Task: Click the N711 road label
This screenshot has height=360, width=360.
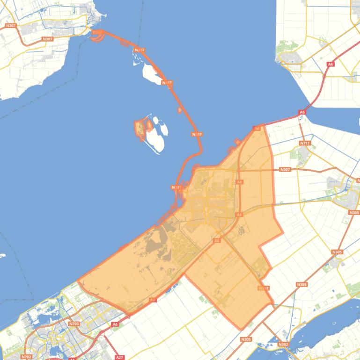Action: (305, 143)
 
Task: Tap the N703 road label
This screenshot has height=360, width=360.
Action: (73, 324)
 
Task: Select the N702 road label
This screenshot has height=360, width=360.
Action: (26, 357)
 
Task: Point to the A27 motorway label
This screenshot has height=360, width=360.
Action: (119, 357)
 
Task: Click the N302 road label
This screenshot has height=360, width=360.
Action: (283, 345)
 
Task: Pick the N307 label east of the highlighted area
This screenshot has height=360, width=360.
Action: (285, 169)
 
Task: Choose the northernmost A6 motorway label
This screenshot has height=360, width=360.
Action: (331, 64)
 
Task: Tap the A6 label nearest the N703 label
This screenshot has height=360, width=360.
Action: (115, 324)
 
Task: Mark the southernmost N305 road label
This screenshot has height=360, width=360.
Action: (246, 339)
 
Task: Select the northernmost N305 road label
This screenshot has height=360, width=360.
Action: (354, 213)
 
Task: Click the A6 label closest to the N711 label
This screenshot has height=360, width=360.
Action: (302, 112)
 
